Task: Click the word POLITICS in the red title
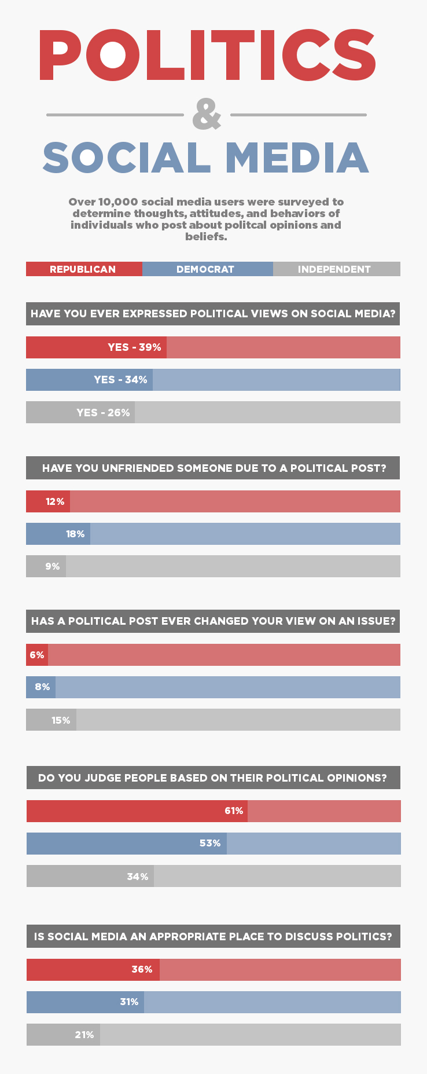click(207, 55)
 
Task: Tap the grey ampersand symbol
click(207, 114)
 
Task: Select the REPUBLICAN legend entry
click(83, 269)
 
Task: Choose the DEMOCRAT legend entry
click(205, 269)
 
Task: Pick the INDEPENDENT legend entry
click(334, 269)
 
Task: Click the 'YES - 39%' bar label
click(134, 347)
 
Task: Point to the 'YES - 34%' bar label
click(120, 380)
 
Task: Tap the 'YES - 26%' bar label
click(103, 413)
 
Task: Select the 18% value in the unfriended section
click(75, 534)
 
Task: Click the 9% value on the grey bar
click(53, 566)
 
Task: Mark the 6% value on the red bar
click(37, 655)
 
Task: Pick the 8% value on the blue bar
click(42, 687)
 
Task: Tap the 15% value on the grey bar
click(61, 720)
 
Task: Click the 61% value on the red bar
click(234, 811)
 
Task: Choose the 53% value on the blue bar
click(210, 844)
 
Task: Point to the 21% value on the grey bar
click(84, 1035)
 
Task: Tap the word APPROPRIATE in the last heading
click(187, 936)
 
